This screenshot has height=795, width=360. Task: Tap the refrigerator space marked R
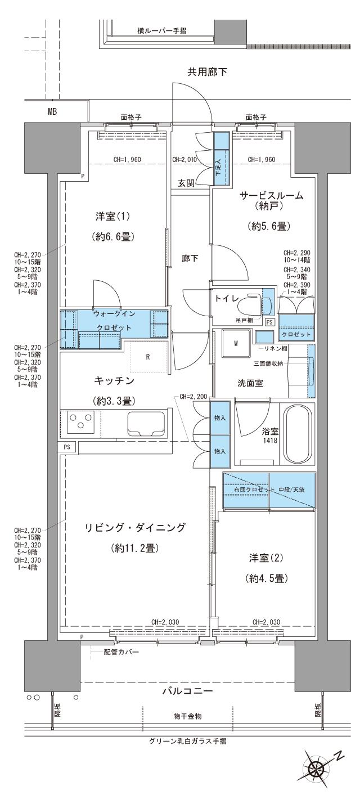147,356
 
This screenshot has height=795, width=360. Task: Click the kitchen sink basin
146,423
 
